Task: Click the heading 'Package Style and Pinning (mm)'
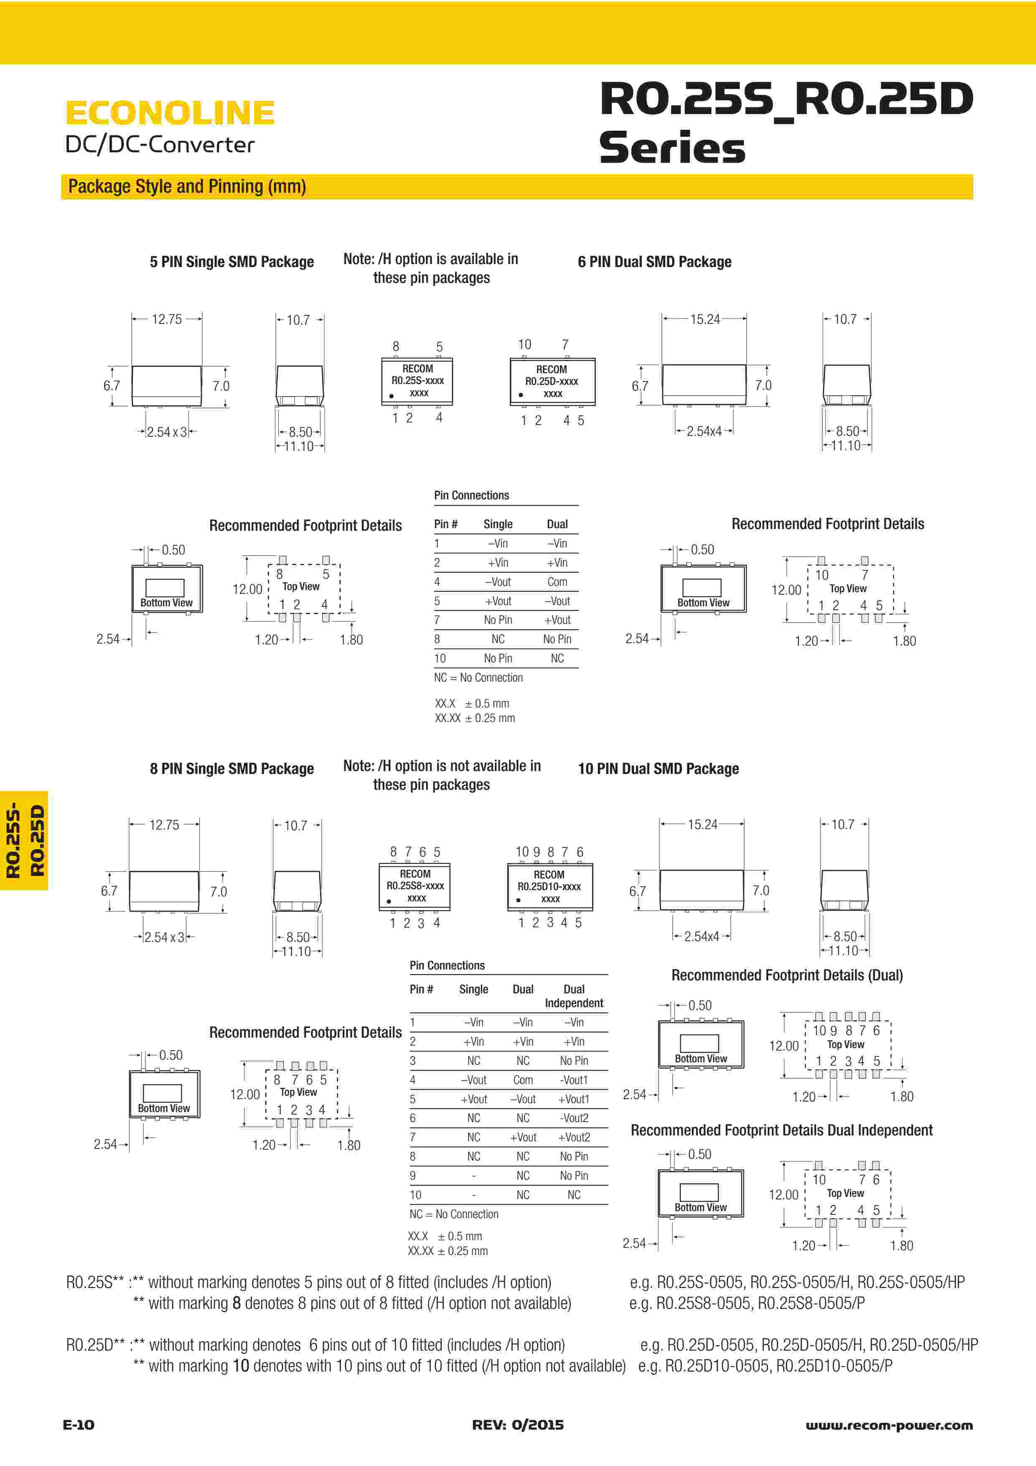coord(187,186)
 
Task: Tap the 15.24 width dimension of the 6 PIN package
coord(704,319)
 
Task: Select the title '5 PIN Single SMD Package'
coord(232,262)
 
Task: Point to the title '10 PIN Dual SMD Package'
coord(658,769)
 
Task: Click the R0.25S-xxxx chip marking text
coord(417,381)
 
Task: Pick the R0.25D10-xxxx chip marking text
coord(549,886)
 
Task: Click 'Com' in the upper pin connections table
coord(557,582)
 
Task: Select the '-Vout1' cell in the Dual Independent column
coord(573,1080)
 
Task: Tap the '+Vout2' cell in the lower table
coord(573,1137)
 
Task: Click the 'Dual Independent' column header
coord(573,996)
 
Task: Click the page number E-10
coord(79,1425)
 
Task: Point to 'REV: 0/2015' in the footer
coord(518,1425)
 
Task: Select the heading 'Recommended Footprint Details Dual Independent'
coord(781,1130)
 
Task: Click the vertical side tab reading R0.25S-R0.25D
coord(24,840)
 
